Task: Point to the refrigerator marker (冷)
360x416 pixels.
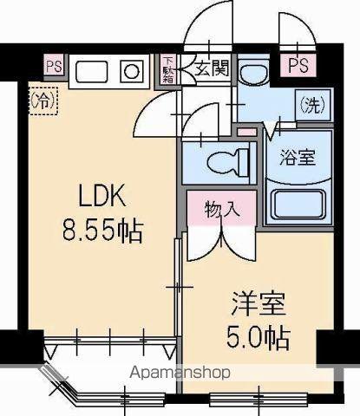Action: (43, 100)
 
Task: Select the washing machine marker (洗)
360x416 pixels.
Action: (311, 105)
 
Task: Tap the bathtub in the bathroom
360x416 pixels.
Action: (298, 205)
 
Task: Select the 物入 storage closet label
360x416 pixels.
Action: (219, 209)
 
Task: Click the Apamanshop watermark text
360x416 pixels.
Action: (180, 374)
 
